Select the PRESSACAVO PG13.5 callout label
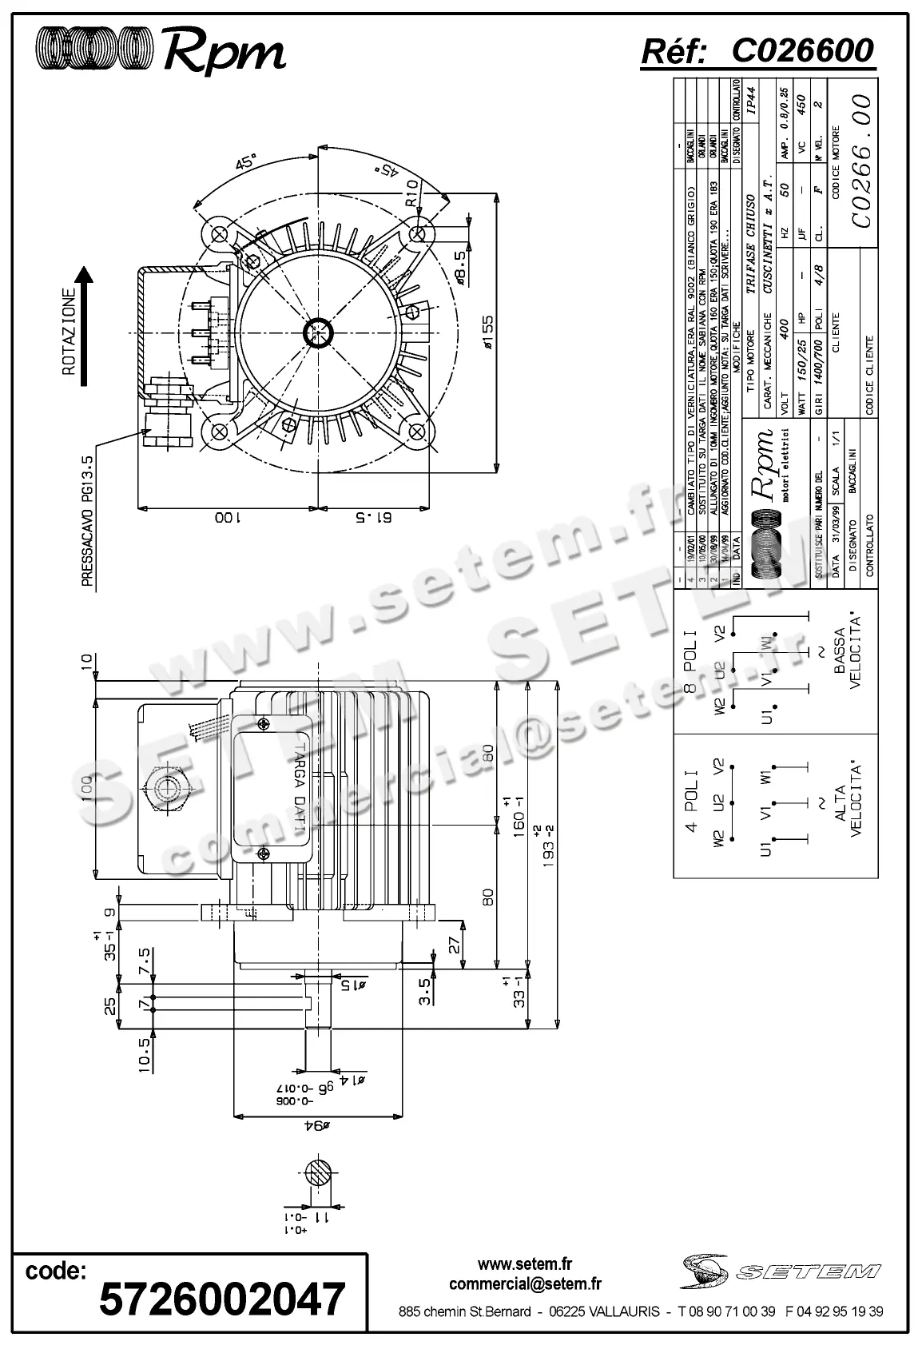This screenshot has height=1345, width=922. pyautogui.click(x=89, y=519)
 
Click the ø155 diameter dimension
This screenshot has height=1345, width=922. pyautogui.click(x=487, y=336)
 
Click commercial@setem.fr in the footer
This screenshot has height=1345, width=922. pyautogui.click(x=525, y=1284)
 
